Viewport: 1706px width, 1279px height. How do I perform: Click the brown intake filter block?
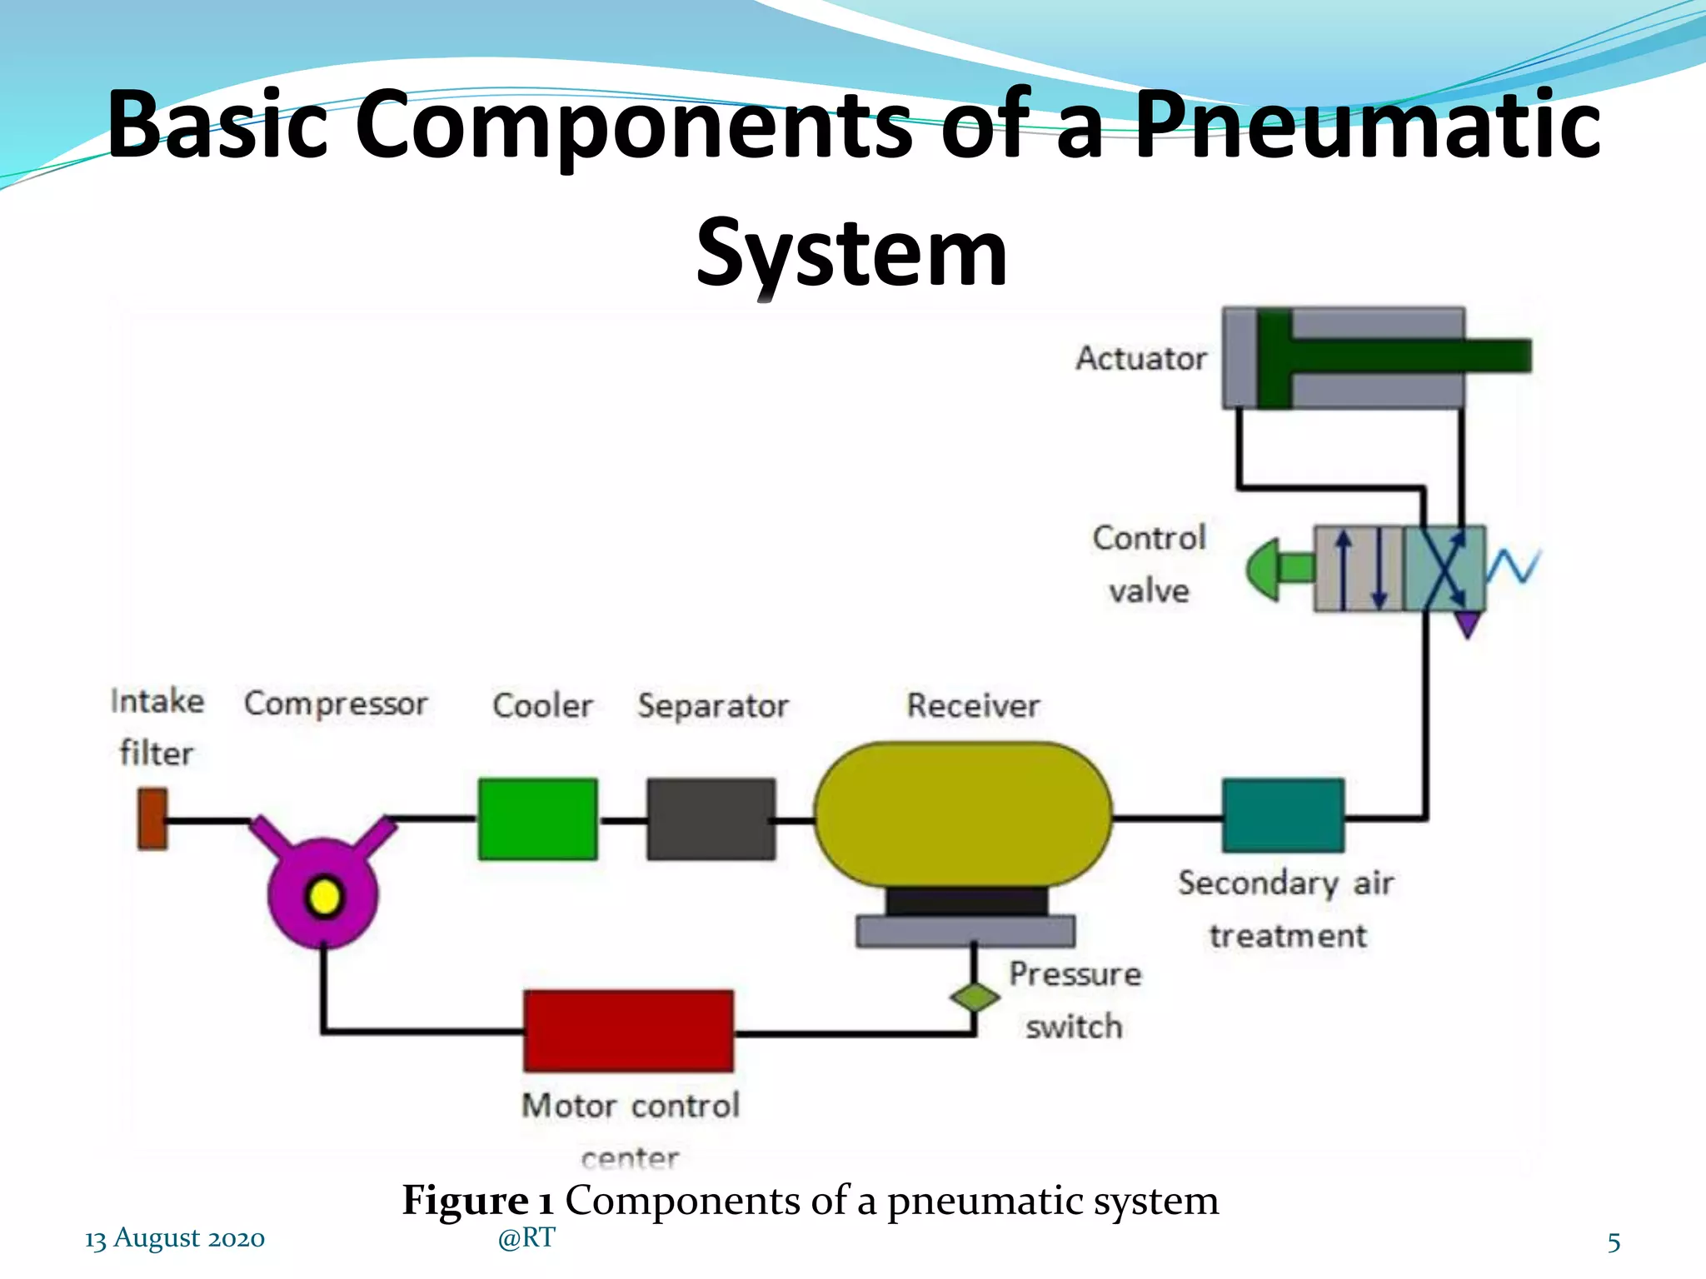[x=152, y=819]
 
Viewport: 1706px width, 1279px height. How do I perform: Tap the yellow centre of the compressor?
[x=324, y=897]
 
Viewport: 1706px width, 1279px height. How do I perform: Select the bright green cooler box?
[x=537, y=819]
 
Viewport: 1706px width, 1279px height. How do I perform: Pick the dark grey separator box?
[x=711, y=819]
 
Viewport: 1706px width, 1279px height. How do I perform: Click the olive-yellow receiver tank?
[x=962, y=814]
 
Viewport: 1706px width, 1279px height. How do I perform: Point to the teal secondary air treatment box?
[x=1283, y=815]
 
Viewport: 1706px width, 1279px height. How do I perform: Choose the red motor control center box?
[x=629, y=1031]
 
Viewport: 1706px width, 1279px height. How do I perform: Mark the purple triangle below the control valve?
[x=1468, y=624]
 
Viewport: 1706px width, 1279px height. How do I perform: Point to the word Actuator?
[x=1140, y=358]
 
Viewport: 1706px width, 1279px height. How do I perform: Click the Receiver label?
[x=973, y=705]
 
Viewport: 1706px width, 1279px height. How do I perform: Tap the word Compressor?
[x=336, y=704]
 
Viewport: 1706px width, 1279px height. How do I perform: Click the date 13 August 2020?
[x=175, y=1238]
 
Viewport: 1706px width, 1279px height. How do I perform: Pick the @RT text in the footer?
[x=526, y=1237]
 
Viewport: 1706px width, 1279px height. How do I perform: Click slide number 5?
[x=1614, y=1242]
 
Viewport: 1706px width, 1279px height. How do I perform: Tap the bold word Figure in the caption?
[x=466, y=1200]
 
